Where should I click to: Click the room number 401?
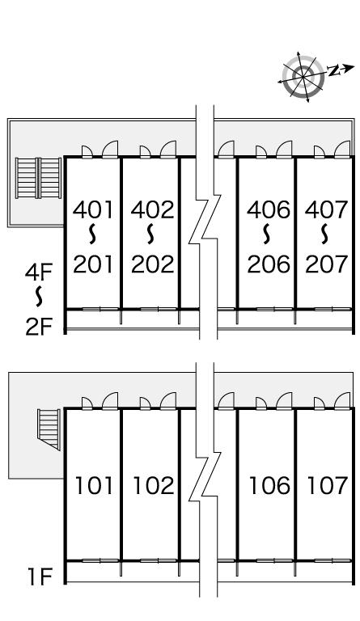[x=93, y=210]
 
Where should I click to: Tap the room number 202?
[x=152, y=264]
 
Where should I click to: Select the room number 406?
[x=269, y=210]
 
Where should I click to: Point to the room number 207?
[x=326, y=264]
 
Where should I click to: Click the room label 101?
[x=95, y=485]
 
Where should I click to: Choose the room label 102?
[x=154, y=485]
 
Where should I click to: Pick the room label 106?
[x=269, y=485]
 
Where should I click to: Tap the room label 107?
[x=328, y=485]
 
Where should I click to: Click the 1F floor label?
[x=40, y=577]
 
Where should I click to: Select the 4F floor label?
[x=38, y=272]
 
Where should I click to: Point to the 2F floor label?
[x=38, y=327]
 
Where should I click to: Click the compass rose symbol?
[x=303, y=77]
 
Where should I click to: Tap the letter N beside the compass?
[x=335, y=70]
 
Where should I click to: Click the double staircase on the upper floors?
[x=38, y=178]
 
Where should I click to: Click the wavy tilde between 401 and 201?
[x=93, y=234]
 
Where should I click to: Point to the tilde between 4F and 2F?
[x=38, y=297]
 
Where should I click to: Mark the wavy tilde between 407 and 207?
[x=325, y=234]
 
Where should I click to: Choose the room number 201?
[x=93, y=264]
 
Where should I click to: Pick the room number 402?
[x=152, y=210]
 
